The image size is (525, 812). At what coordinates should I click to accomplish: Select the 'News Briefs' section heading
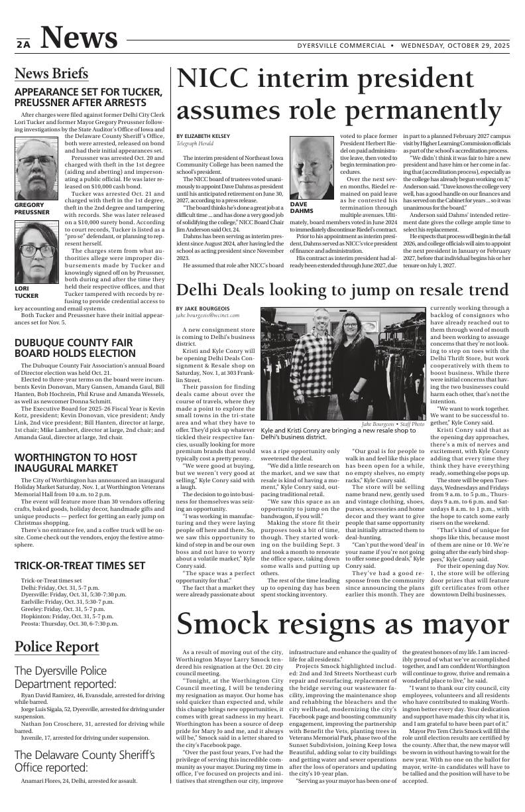pos(51,73)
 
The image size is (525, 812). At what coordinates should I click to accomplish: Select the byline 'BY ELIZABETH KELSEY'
pos(203,136)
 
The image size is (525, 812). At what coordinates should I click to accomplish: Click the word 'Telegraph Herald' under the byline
pos(194,144)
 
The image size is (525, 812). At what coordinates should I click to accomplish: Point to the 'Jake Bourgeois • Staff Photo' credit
pos(392,405)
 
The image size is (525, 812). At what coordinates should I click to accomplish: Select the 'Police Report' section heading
pos(56,646)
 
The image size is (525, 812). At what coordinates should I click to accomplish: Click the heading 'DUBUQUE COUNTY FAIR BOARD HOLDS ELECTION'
pos(75,348)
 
